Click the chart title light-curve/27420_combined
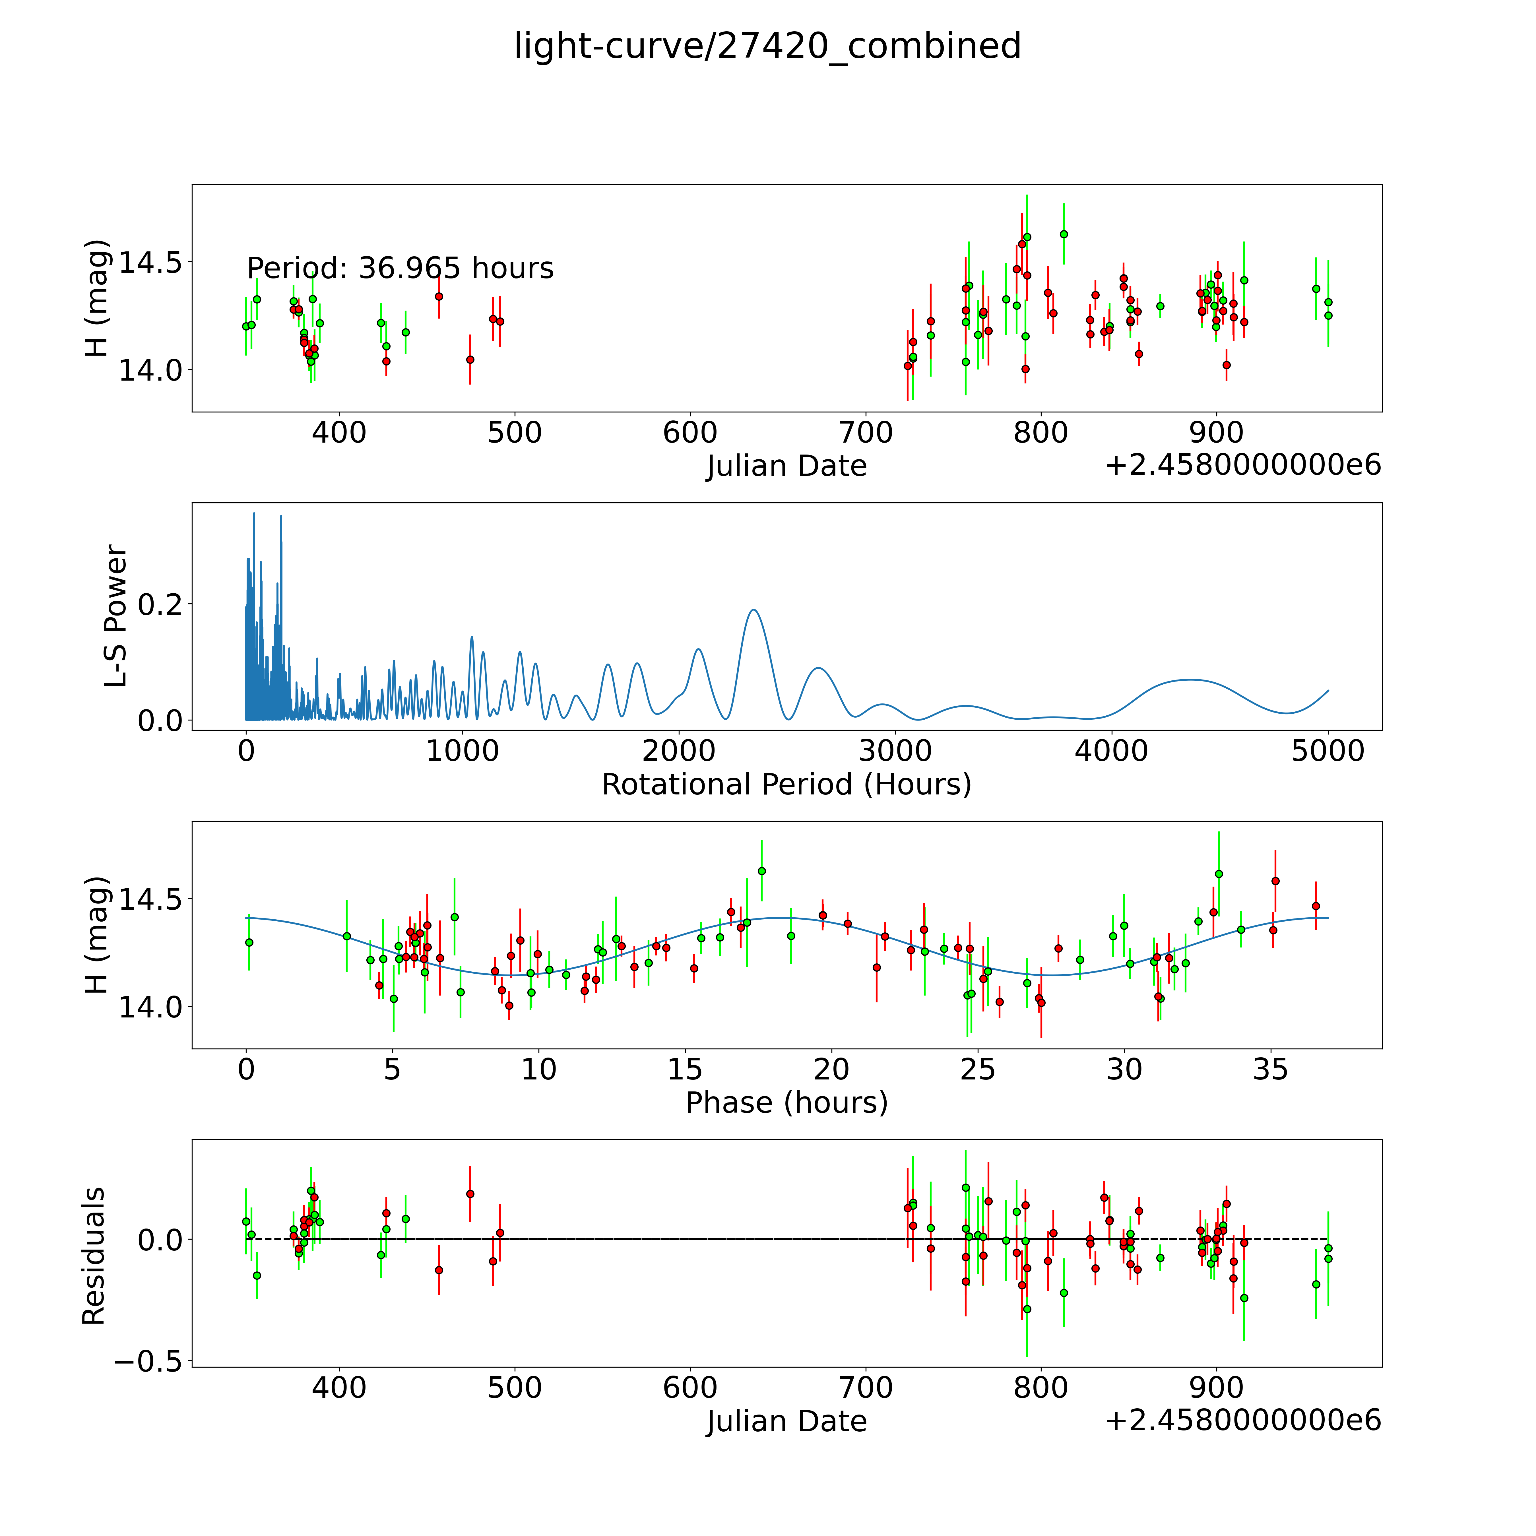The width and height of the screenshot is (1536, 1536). [767, 45]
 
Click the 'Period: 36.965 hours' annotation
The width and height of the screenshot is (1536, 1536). [400, 269]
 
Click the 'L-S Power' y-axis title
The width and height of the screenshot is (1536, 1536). [116, 616]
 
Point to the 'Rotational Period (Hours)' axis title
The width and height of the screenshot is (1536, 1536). [786, 785]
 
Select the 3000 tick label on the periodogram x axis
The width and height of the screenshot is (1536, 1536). [895, 751]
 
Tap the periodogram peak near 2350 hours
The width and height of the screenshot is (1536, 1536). [753, 611]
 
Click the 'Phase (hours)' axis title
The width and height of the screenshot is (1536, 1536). [786, 1103]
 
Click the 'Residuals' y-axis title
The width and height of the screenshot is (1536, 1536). [94, 1256]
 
